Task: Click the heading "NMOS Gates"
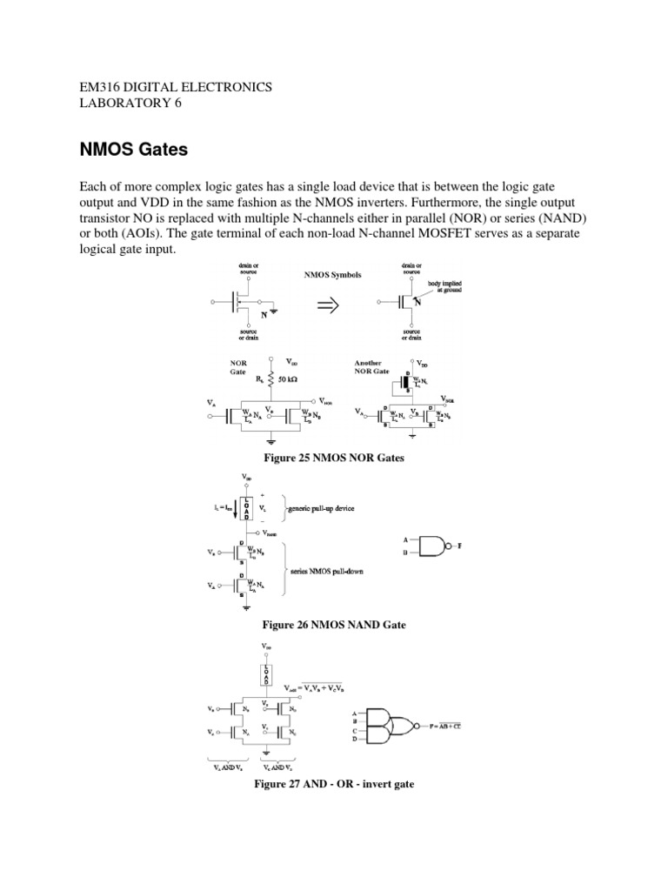[133, 150]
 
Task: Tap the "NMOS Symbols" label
[332, 274]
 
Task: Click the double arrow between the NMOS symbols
[328, 305]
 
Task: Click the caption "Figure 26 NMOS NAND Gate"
[334, 625]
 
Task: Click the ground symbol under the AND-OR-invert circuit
[266, 754]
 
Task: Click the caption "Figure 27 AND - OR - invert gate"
[334, 784]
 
